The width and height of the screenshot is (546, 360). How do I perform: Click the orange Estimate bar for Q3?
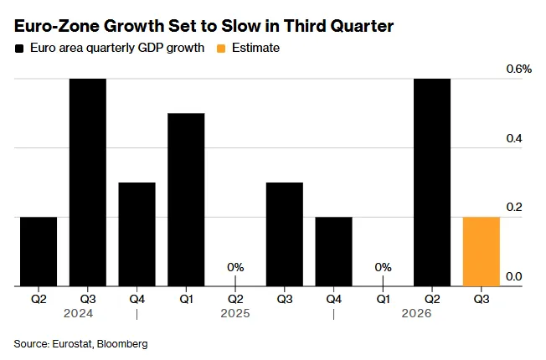click(x=482, y=252)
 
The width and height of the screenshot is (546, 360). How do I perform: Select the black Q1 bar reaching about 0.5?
click(x=186, y=200)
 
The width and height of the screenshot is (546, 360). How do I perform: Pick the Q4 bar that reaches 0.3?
click(x=136, y=234)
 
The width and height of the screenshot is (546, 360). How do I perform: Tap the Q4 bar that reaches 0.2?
click(x=333, y=252)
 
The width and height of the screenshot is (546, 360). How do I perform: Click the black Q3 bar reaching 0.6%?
click(x=88, y=183)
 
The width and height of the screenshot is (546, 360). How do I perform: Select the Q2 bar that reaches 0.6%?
click(x=432, y=183)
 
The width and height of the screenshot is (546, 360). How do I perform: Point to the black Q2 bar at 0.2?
click(x=39, y=252)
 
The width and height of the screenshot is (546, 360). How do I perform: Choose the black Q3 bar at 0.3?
click(x=285, y=234)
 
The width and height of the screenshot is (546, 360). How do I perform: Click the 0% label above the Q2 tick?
click(x=235, y=267)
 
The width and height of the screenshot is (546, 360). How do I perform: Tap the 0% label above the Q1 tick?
click(x=383, y=267)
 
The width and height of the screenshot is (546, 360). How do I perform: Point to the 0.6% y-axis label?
click(x=519, y=69)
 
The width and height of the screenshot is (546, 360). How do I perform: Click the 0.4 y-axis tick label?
click(x=514, y=139)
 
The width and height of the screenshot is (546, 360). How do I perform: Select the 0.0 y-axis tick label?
click(x=514, y=276)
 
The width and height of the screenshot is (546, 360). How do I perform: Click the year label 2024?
click(x=79, y=313)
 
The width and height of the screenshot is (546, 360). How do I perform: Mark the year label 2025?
click(x=235, y=313)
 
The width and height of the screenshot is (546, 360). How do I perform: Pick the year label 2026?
click(x=416, y=313)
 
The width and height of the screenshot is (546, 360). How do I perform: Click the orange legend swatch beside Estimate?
click(x=221, y=49)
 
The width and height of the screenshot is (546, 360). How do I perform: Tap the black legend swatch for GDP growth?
click(x=19, y=49)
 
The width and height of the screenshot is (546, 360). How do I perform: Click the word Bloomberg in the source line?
click(x=122, y=344)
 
